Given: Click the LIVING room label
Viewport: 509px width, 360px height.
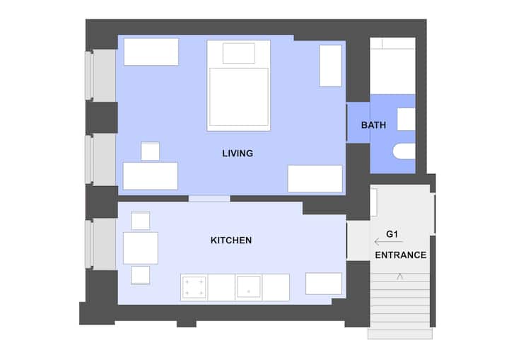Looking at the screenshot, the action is tap(238, 153).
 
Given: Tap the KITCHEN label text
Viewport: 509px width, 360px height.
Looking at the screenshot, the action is tap(231, 240).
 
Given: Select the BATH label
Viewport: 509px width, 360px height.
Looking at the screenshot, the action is tap(374, 125).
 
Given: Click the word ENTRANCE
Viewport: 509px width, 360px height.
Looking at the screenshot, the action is tap(401, 255).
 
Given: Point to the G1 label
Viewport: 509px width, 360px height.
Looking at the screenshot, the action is tap(392, 234).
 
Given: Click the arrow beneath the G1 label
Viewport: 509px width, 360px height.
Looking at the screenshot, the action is tap(389, 242).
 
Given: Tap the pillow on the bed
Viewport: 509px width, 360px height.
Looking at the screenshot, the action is tap(239, 53).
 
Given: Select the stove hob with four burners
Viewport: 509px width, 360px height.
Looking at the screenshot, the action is tap(194, 287).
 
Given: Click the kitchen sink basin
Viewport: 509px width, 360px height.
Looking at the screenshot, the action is tap(249, 286).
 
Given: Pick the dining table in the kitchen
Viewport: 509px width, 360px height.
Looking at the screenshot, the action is tap(141, 248).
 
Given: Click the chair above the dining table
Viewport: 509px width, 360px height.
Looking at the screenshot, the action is tap(141, 220).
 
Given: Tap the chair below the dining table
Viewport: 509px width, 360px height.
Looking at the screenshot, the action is tap(141, 275).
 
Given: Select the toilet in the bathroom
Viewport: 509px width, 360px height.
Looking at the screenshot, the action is tap(404, 151).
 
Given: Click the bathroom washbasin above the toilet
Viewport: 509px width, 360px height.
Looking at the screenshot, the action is tap(406, 120).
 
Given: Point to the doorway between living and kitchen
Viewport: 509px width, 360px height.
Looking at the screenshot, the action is tap(209, 199).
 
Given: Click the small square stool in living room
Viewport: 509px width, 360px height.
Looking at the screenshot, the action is tap(151, 151).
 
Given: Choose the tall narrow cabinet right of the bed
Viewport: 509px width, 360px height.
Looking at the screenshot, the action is tap(330, 66).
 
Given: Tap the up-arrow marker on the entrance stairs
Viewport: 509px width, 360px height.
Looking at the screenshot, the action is tap(399, 277).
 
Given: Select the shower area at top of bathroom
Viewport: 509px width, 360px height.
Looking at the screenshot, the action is tap(393, 66).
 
